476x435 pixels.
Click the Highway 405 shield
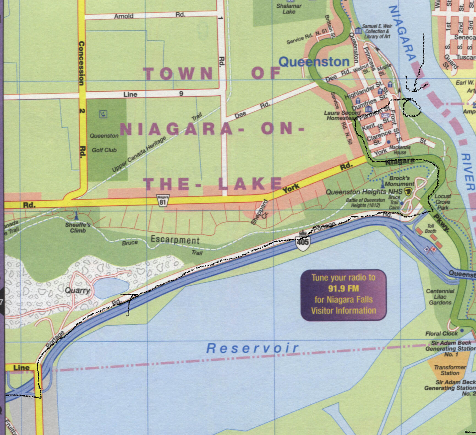click(303, 242)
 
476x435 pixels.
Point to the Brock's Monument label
click(399, 181)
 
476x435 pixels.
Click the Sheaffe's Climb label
click(78, 228)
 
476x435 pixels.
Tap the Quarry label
click(77, 290)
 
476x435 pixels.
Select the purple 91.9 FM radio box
click(343, 295)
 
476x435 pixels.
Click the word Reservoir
click(252, 348)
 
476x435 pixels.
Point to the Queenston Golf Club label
click(104, 143)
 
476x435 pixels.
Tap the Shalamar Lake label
click(289, 9)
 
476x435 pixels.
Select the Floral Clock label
click(441, 333)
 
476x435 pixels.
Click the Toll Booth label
click(430, 229)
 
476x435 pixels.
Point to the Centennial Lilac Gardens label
click(440, 297)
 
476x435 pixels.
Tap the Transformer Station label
click(450, 370)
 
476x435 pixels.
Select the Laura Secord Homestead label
click(342, 115)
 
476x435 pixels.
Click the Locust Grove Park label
click(443, 202)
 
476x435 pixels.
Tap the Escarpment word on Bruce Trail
click(175, 240)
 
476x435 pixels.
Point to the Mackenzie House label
click(400, 150)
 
